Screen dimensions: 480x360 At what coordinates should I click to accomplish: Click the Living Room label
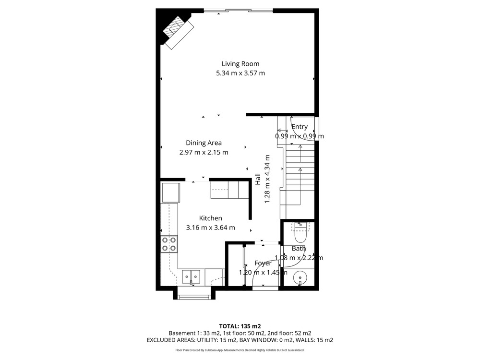tap(240, 64)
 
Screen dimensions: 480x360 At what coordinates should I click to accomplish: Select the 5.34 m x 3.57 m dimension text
tap(240, 73)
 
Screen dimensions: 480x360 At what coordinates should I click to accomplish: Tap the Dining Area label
tap(204, 143)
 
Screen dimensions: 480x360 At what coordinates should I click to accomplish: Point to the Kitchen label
tap(210, 218)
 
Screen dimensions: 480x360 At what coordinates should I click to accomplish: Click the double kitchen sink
tap(191, 277)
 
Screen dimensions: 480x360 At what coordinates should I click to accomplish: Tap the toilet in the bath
tap(300, 234)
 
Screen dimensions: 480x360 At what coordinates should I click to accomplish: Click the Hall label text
tap(258, 179)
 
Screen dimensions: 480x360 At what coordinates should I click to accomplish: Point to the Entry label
tap(300, 127)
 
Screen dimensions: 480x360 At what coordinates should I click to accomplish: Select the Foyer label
tap(263, 263)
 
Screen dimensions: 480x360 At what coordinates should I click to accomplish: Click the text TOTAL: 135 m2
tap(240, 326)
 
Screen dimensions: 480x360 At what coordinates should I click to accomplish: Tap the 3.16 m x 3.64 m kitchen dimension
tap(210, 228)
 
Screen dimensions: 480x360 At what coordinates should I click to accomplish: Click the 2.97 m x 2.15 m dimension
tap(204, 153)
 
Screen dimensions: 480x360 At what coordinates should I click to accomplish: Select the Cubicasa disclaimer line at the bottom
tap(240, 350)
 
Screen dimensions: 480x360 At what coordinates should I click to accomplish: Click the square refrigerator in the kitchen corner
tap(171, 192)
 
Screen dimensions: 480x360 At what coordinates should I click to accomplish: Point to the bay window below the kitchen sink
tap(194, 295)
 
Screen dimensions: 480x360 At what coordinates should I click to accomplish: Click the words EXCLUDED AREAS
tap(170, 340)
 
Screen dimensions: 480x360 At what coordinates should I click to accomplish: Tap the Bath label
tap(299, 249)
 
